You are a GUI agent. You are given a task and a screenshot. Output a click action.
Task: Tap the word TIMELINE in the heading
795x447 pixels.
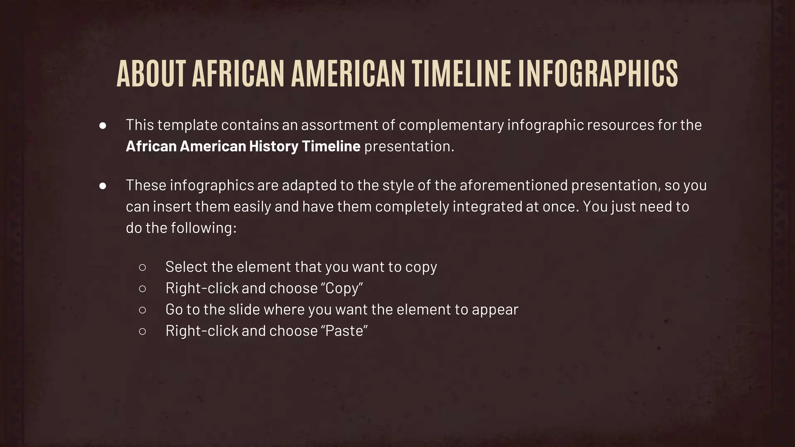pyautogui.click(x=462, y=74)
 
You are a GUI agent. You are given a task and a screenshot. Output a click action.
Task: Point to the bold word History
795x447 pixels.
pyautogui.click(x=274, y=146)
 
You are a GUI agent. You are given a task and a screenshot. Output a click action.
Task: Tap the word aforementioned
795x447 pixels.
pyautogui.click(x=514, y=185)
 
